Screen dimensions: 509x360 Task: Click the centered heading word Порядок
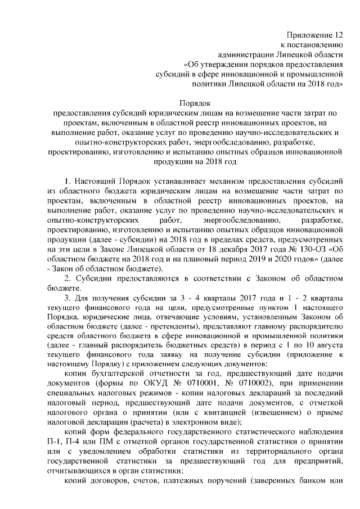coord(195,103)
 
